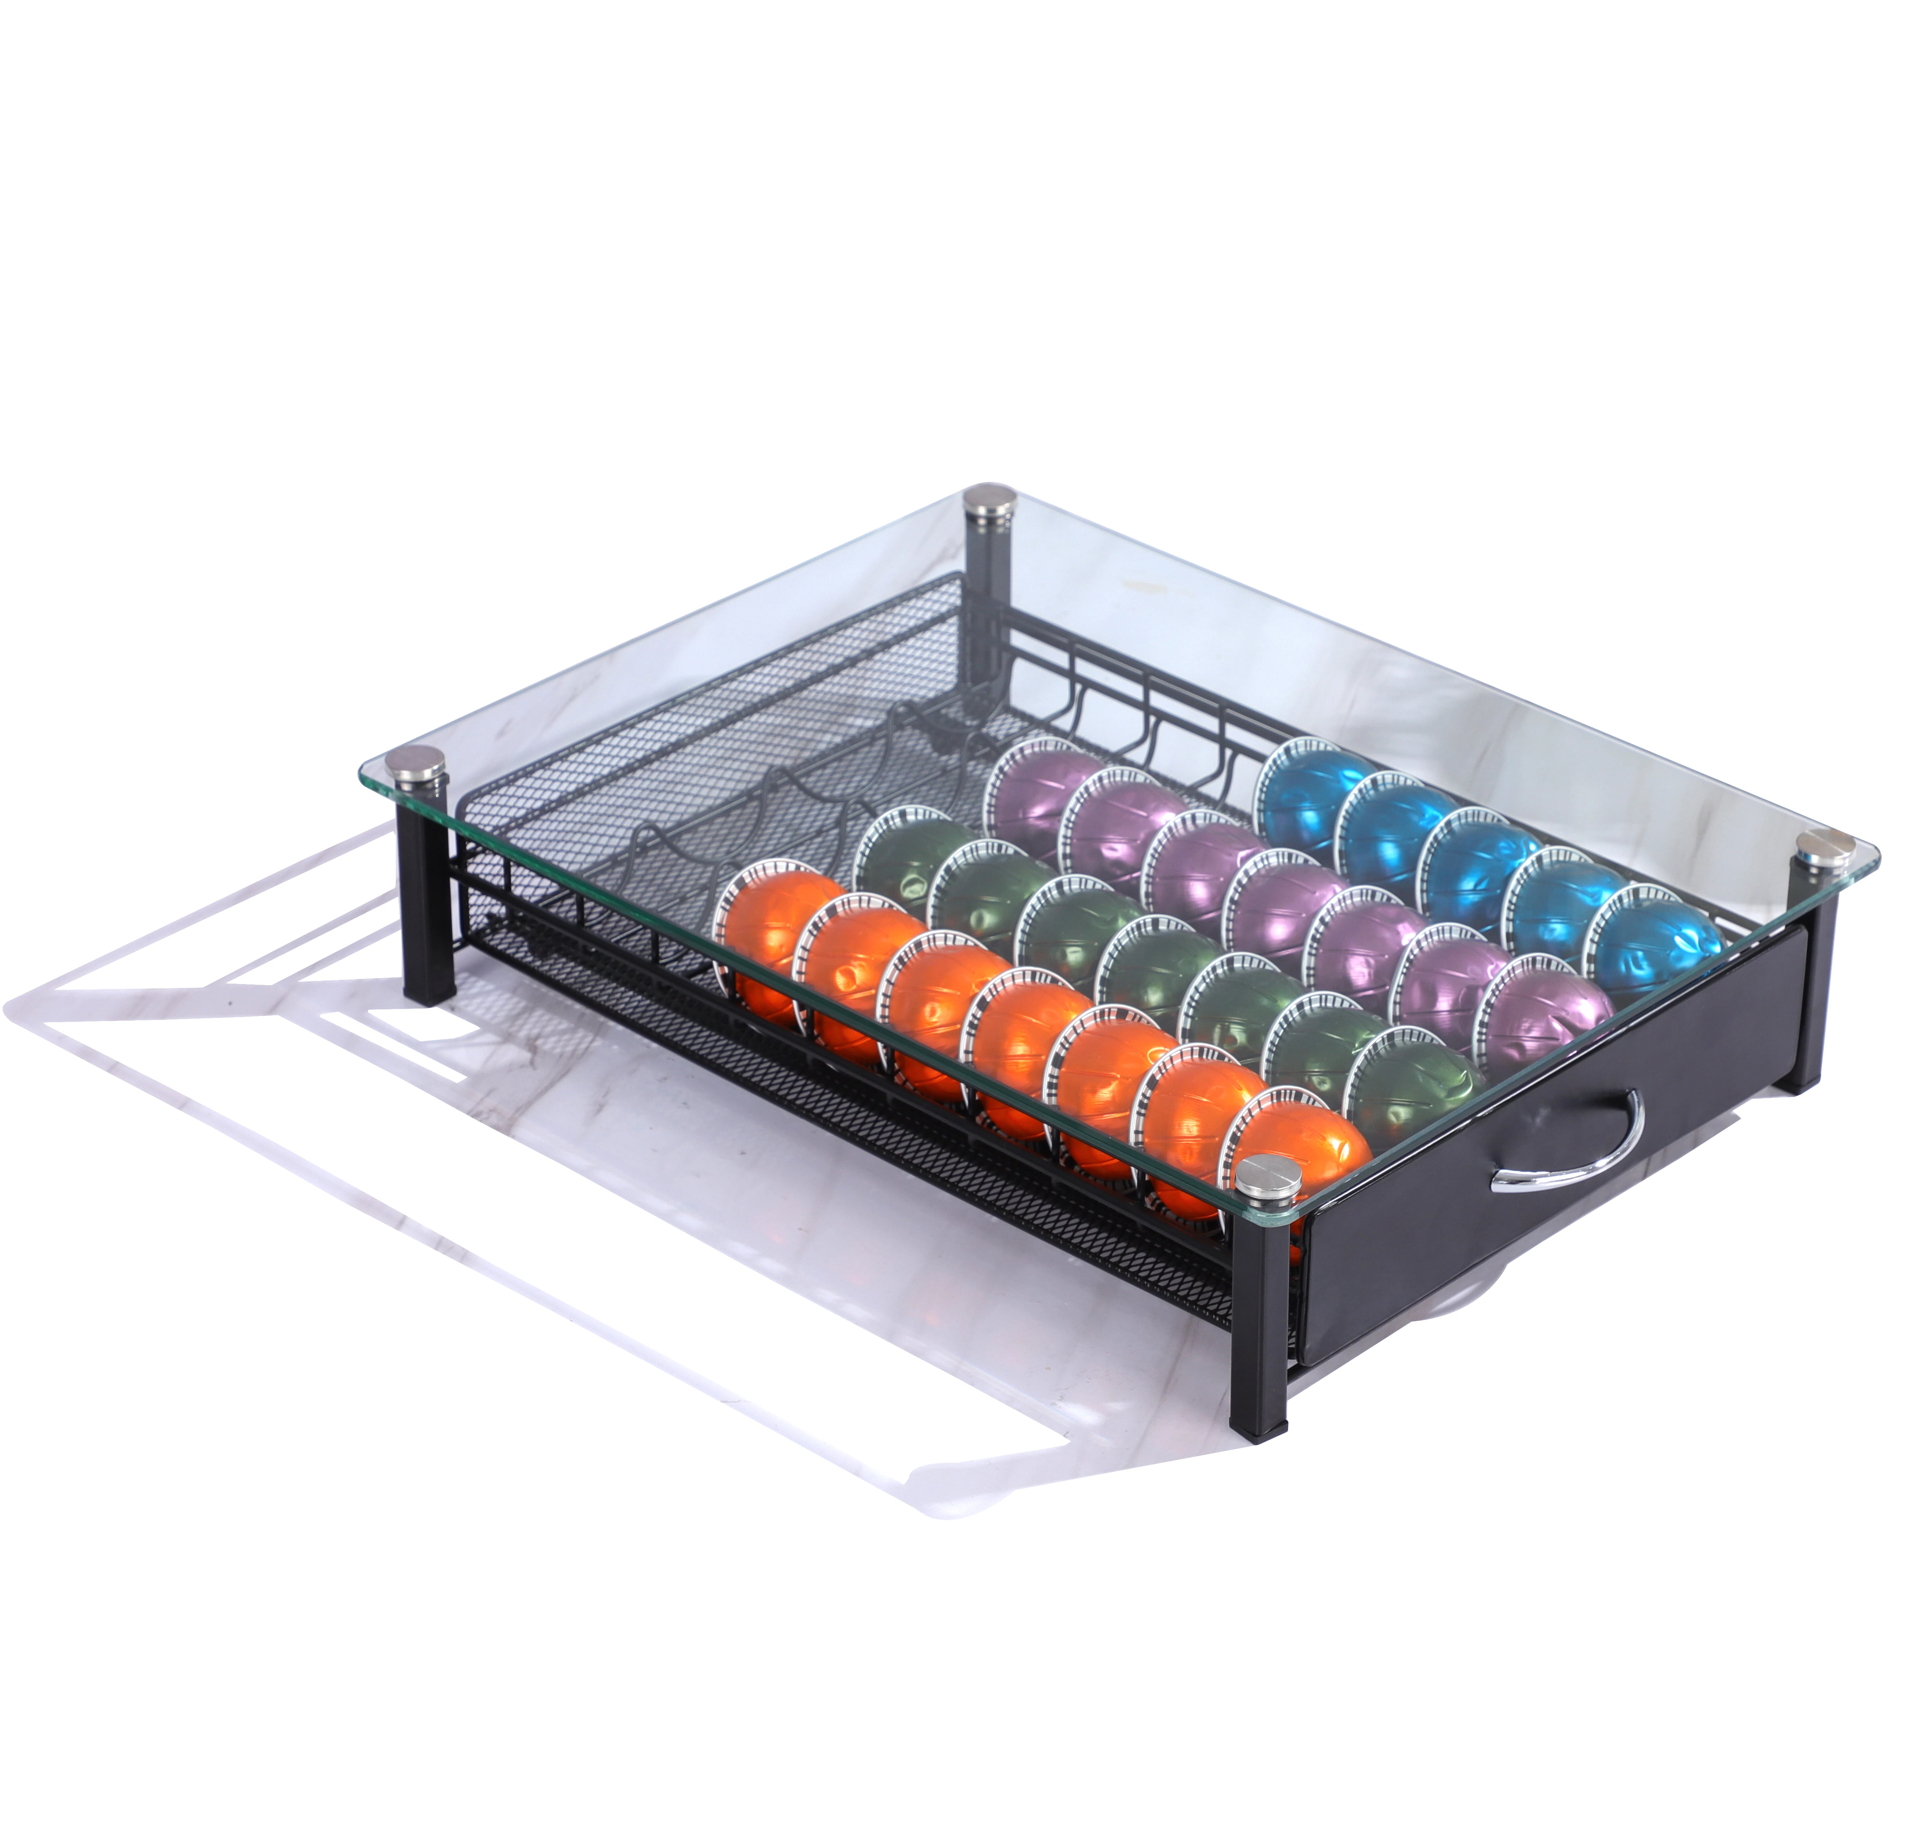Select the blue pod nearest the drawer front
1652,938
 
